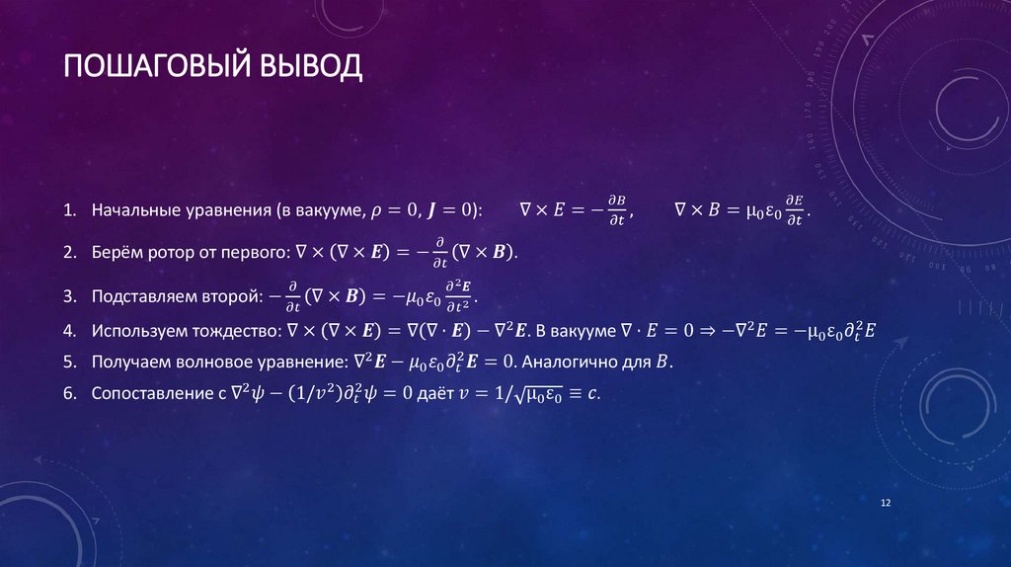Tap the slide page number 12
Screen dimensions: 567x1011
point(885,504)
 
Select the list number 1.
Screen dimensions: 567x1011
point(68,210)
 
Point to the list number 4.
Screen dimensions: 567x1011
point(68,330)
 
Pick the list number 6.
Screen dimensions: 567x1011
point(68,393)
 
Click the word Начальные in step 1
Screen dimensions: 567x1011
point(132,210)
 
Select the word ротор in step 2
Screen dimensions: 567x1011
point(169,253)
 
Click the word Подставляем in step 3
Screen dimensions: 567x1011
point(144,296)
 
